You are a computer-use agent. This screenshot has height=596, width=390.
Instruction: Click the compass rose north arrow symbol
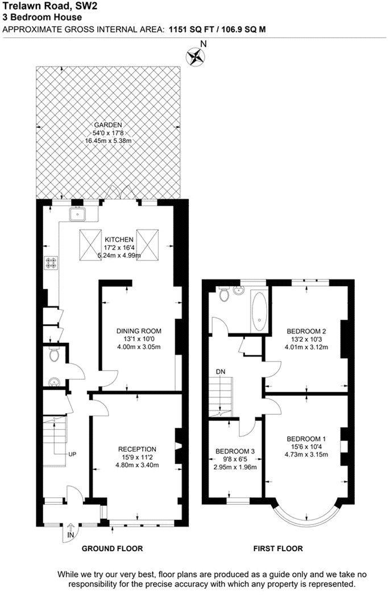196,57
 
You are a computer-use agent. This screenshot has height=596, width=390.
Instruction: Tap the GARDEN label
108,125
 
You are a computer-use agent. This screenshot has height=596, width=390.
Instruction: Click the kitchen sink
77,214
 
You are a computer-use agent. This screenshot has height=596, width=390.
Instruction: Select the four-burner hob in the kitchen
51,262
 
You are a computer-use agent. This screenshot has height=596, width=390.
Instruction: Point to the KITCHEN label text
119,240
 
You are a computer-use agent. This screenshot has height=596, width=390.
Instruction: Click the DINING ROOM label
139,331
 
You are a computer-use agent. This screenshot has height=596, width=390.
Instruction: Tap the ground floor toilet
53,354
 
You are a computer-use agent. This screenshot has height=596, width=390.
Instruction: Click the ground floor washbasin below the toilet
54,381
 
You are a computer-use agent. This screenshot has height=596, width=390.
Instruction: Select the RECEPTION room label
137,450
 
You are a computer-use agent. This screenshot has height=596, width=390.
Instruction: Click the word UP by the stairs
72,454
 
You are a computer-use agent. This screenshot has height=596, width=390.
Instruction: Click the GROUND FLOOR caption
113,548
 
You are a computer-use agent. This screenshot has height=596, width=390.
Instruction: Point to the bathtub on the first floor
260,311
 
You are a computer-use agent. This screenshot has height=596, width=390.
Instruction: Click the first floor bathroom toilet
223,294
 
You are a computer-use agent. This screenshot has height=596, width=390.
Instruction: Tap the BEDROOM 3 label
235,451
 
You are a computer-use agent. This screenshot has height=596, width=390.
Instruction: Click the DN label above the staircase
220,371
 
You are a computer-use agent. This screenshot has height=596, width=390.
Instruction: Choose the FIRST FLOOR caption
278,548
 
